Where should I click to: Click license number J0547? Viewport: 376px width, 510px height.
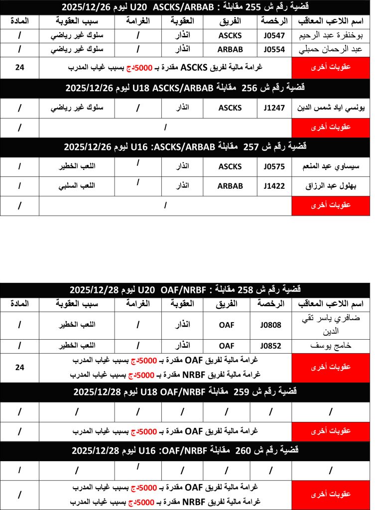click(x=273, y=36)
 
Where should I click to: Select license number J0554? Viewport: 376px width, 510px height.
click(x=273, y=50)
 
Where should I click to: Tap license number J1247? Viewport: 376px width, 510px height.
click(x=273, y=108)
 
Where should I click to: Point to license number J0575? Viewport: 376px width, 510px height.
click(x=273, y=167)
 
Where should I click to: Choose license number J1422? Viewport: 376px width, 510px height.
click(x=273, y=186)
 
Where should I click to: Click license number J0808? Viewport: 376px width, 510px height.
click(x=270, y=325)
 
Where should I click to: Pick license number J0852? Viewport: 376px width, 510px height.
click(x=270, y=346)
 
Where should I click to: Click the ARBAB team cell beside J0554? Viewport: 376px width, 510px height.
click(x=230, y=50)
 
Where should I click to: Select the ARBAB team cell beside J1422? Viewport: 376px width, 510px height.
click(x=230, y=186)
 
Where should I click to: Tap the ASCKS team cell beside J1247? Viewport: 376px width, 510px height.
click(x=230, y=108)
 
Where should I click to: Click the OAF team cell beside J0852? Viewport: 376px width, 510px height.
click(x=227, y=346)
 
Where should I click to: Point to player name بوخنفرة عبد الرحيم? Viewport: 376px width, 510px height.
click(x=331, y=36)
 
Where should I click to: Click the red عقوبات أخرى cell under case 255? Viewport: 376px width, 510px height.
click(x=331, y=68)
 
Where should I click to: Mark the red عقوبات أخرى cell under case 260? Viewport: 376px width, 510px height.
click(x=331, y=494)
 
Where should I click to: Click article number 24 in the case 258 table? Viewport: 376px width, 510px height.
click(x=19, y=367)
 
